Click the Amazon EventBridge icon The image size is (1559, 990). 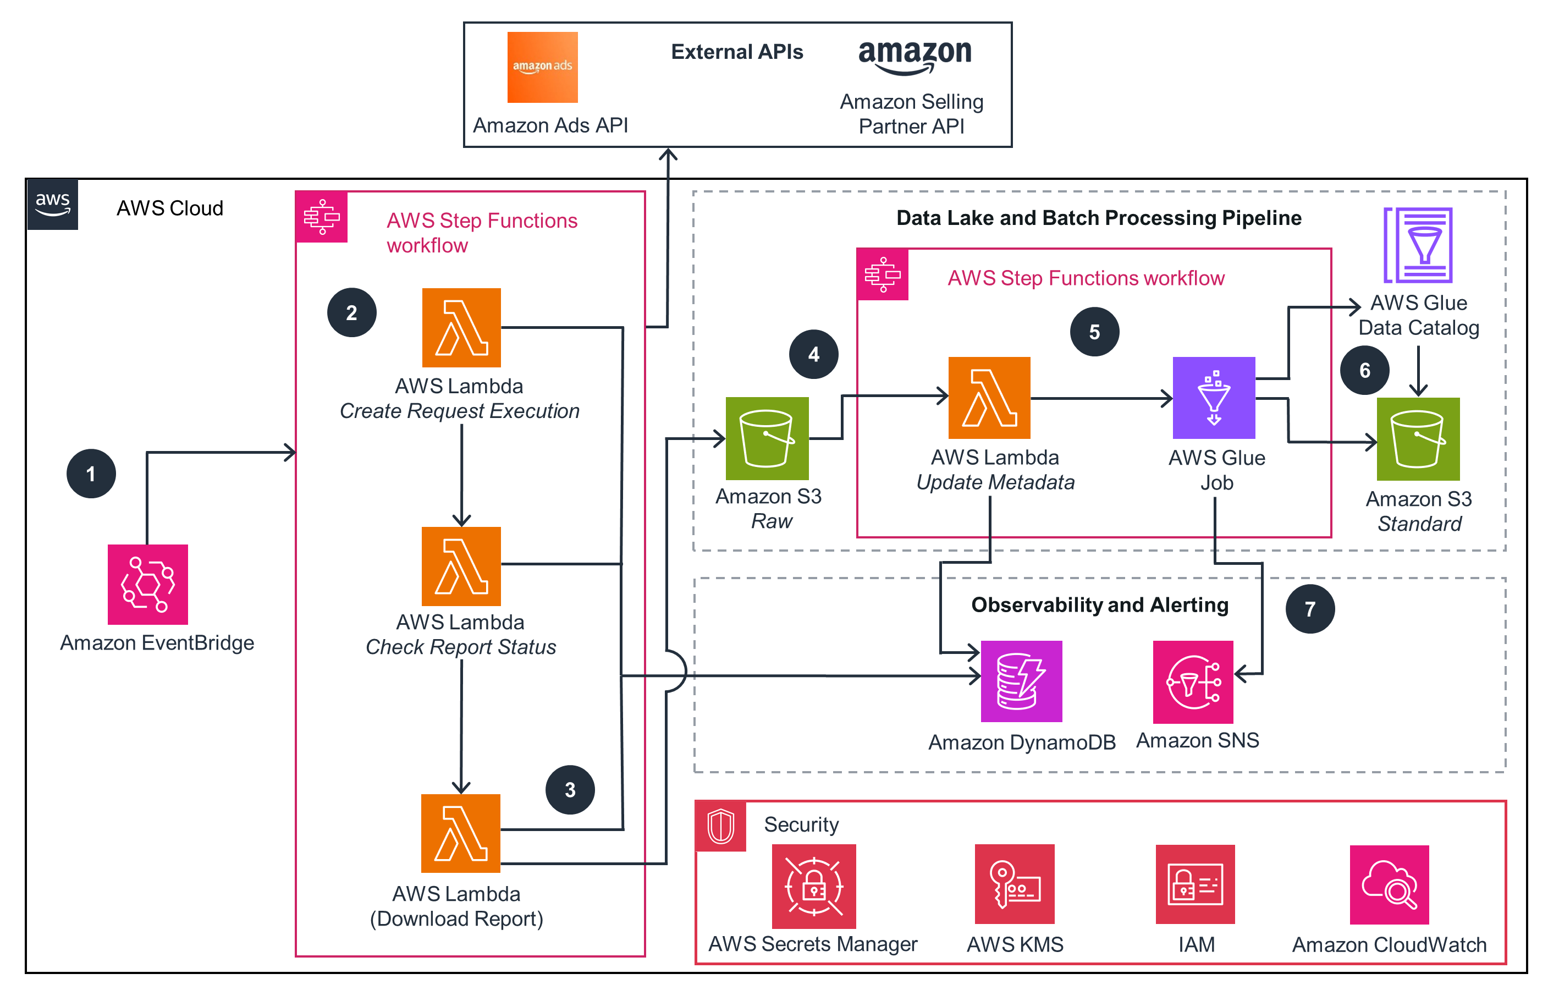[x=147, y=584]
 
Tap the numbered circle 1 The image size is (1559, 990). [x=91, y=474]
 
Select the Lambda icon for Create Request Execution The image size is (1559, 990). [x=461, y=327]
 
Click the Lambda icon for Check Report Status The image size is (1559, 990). [x=461, y=566]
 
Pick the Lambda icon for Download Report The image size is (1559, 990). [x=460, y=833]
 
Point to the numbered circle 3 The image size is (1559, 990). [x=570, y=789]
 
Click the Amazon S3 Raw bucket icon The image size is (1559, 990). [x=767, y=438]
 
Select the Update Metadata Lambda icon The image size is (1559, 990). [x=989, y=398]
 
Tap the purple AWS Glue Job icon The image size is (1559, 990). [x=1213, y=398]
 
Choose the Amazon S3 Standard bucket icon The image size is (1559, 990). [x=1417, y=438]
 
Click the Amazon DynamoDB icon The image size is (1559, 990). [x=1021, y=680]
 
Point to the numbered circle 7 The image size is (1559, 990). [x=1310, y=609]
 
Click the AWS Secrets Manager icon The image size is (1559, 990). [x=813, y=885]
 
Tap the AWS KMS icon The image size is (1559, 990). [x=1014, y=884]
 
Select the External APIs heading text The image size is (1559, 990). [x=737, y=52]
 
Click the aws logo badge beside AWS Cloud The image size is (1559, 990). [x=52, y=204]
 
